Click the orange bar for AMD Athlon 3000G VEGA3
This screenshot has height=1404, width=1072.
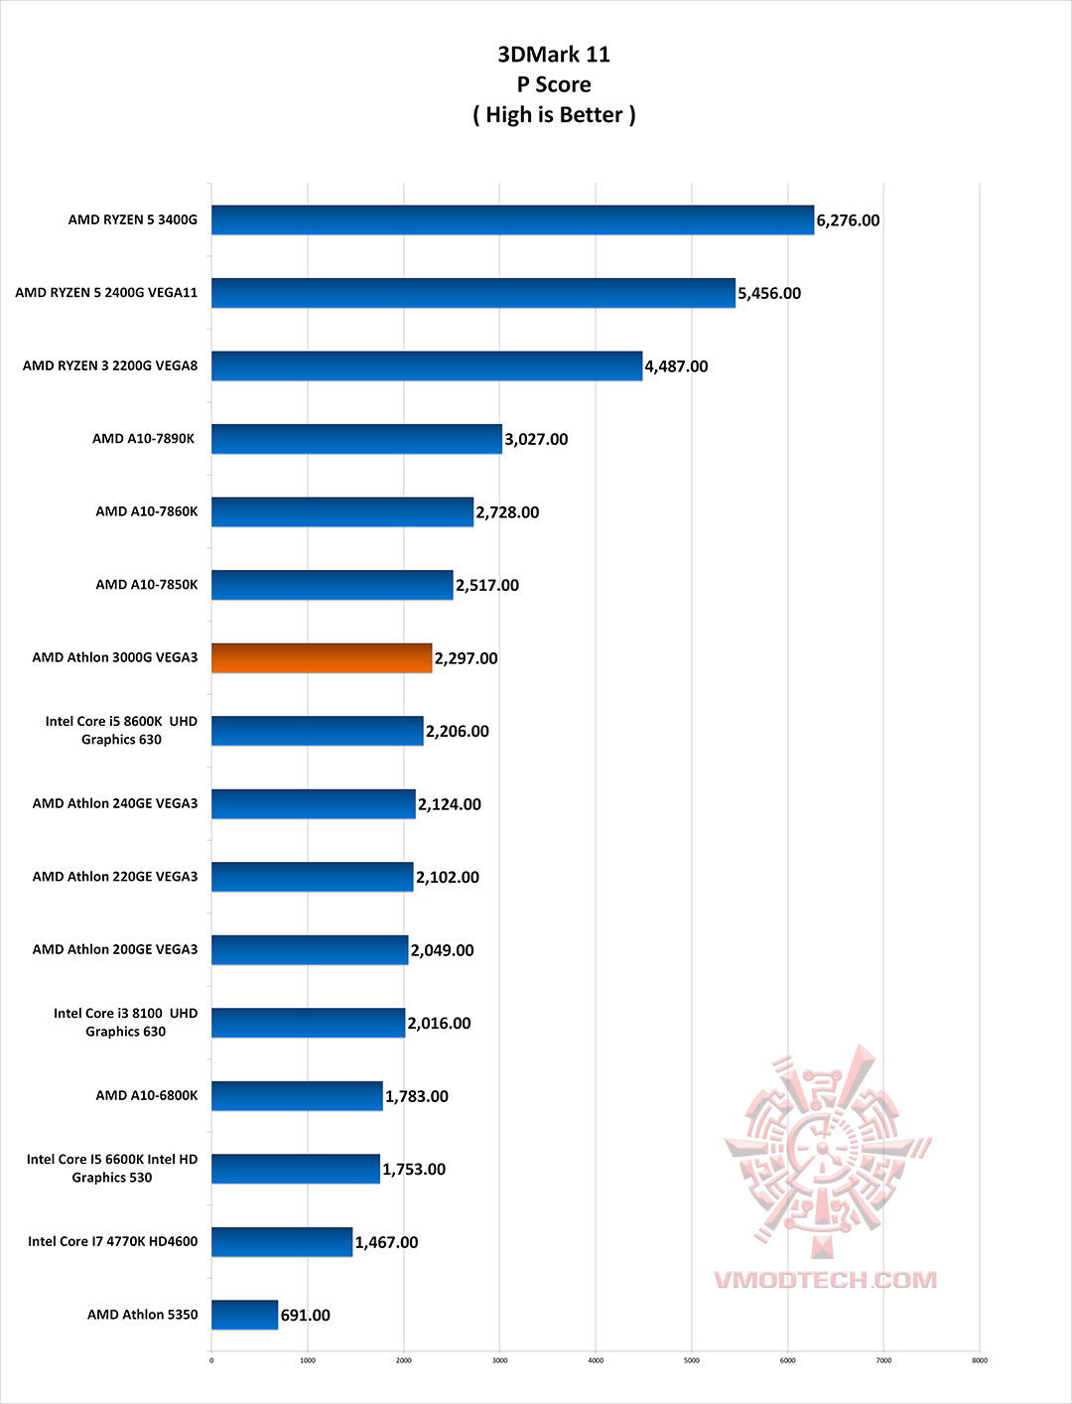coord(322,658)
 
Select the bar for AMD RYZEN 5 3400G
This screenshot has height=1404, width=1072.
coord(512,220)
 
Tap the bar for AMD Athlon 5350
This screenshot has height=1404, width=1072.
coord(244,1315)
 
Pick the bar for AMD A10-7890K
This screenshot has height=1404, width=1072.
coord(356,439)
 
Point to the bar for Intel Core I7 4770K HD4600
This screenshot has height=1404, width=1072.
coord(282,1242)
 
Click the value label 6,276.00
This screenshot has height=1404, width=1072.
coord(848,220)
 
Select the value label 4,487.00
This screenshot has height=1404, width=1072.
coord(676,366)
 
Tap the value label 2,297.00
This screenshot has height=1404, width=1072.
coord(466,658)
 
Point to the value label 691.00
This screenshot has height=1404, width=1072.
coord(305,1316)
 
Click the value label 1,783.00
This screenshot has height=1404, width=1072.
coord(416,1096)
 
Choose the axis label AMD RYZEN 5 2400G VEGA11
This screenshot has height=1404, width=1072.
coord(106,293)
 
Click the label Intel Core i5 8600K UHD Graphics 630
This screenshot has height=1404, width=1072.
coord(121,731)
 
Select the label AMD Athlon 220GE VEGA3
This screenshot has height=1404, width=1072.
coord(115,877)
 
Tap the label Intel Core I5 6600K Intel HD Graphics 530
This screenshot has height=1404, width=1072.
coord(112,1169)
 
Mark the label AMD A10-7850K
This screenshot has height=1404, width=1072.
coord(147,585)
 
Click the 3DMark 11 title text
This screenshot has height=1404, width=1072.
coord(554,55)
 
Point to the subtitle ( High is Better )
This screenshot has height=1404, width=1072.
coord(554,115)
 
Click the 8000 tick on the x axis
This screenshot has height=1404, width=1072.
coord(980,1360)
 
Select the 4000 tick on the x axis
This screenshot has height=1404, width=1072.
coord(596,1360)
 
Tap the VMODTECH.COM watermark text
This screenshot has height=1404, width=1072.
coord(825,1279)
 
